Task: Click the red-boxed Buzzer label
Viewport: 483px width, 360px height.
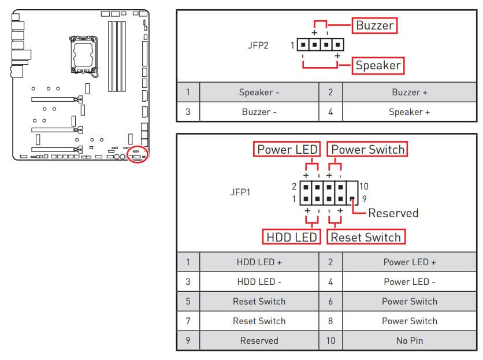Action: click(375, 25)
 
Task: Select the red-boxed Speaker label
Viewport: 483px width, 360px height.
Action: click(378, 65)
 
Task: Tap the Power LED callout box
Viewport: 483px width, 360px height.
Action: click(287, 150)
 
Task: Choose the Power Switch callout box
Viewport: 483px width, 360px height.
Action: click(368, 150)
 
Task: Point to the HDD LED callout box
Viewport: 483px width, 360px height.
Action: click(292, 237)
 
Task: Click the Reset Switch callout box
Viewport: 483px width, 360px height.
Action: click(366, 237)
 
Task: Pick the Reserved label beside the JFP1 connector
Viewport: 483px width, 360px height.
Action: click(393, 213)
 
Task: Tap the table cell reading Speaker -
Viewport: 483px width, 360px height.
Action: click(259, 92)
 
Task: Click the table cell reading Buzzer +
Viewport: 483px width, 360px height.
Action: click(410, 92)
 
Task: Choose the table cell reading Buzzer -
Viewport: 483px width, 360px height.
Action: click(259, 112)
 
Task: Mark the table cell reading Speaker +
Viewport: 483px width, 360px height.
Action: click(410, 112)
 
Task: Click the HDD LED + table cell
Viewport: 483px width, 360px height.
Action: click(259, 262)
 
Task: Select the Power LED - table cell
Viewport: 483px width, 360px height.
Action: click(410, 281)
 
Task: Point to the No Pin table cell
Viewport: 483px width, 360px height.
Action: click(410, 340)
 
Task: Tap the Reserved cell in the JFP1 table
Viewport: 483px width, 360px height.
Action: click(259, 340)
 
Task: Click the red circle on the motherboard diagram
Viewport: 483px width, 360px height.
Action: click(138, 154)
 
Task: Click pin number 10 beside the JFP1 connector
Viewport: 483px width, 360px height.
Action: click(363, 186)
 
